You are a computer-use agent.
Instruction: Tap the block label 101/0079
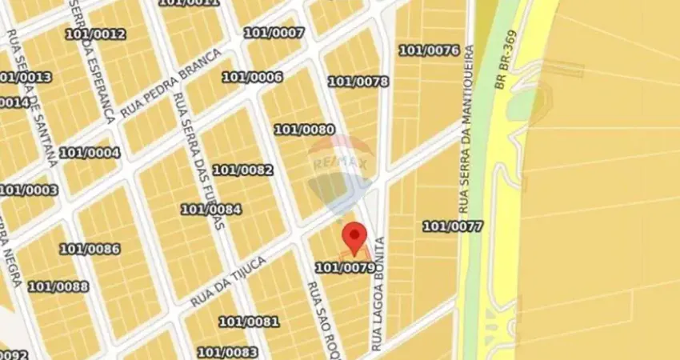coord(345,268)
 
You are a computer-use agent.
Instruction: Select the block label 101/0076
coord(429,50)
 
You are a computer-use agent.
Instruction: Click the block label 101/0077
coord(453,226)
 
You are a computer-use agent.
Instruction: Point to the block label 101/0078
coord(358,82)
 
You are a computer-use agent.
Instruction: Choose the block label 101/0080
coord(304,130)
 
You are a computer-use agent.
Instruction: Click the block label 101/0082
coord(242,170)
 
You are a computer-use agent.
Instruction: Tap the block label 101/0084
coord(210,210)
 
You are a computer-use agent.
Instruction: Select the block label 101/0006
coord(252,77)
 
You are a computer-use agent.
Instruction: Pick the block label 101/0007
coord(274,33)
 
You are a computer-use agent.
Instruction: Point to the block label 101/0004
coord(90,153)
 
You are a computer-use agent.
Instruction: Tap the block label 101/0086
coord(90,249)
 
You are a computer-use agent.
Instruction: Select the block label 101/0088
coord(58,286)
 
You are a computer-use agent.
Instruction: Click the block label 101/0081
coord(249,322)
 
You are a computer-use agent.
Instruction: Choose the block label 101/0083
coord(227,352)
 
